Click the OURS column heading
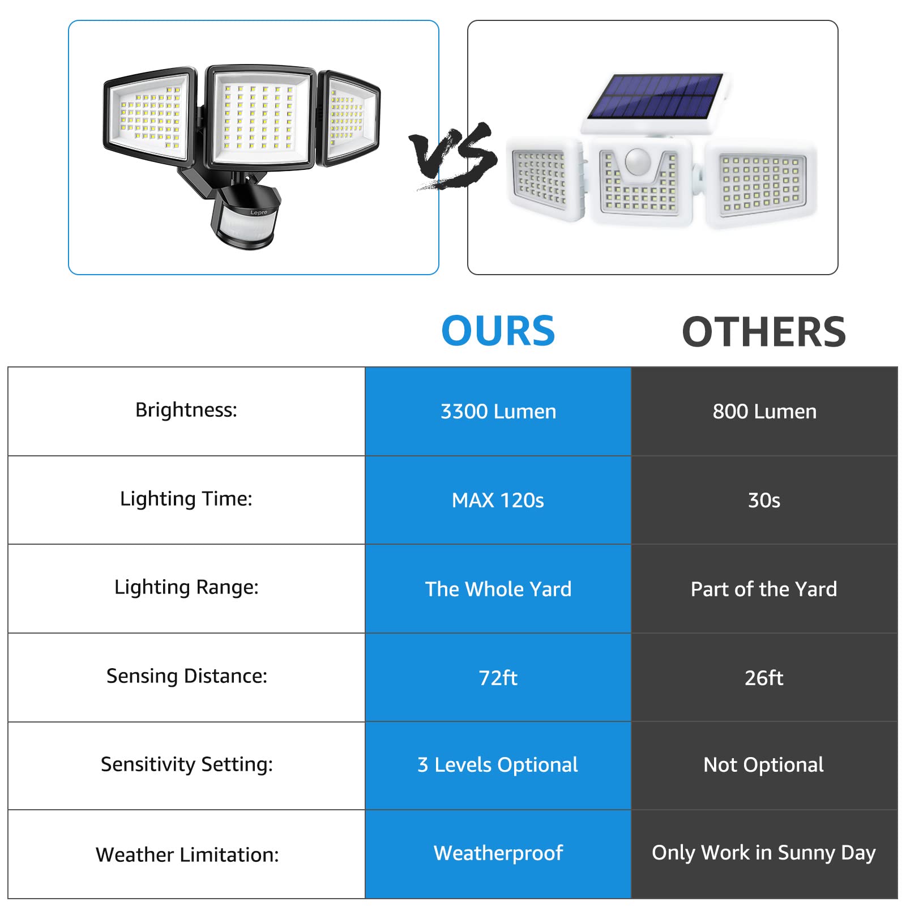(498, 331)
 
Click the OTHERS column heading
(763, 332)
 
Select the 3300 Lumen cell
(498, 412)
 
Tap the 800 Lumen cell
(764, 412)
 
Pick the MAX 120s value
(498, 501)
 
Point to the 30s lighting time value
(764, 501)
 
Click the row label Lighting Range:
(186, 588)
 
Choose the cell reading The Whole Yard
(498, 589)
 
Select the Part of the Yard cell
(764, 589)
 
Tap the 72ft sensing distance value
(498, 678)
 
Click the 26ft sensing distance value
(764, 678)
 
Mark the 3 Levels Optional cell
(498, 765)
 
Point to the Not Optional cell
(763, 765)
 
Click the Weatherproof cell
(498, 853)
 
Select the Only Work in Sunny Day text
(763, 853)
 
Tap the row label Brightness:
(186, 410)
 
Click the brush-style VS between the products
(453, 156)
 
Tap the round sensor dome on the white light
(638, 162)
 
